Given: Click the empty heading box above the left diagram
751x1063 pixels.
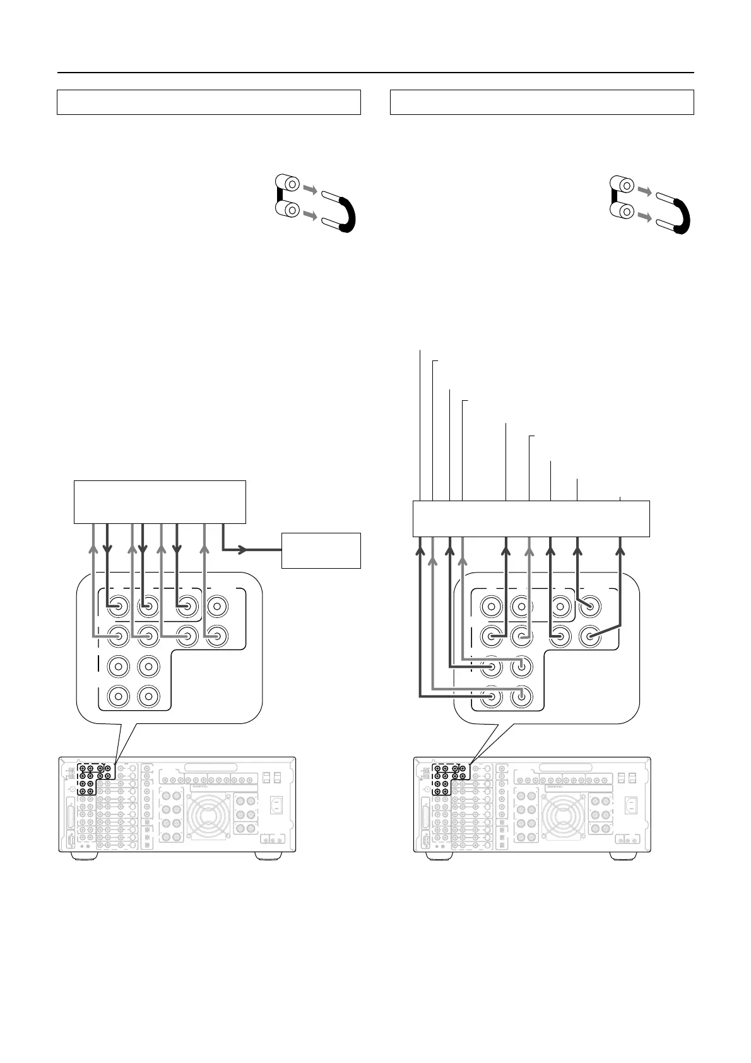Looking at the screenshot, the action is pos(208,102).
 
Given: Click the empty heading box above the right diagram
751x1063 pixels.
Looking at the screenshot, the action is pos(541,102).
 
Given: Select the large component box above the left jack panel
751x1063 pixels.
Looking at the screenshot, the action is pos(159,501).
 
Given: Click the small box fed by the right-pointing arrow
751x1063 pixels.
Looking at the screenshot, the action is pos(321,550).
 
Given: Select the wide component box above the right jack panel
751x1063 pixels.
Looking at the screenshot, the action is pos(531,518).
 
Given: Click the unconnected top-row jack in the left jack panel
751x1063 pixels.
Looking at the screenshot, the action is pos(216,607).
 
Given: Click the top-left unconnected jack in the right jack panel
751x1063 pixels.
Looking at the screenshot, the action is pos(491,607).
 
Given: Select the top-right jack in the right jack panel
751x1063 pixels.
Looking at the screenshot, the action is pos(590,607).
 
